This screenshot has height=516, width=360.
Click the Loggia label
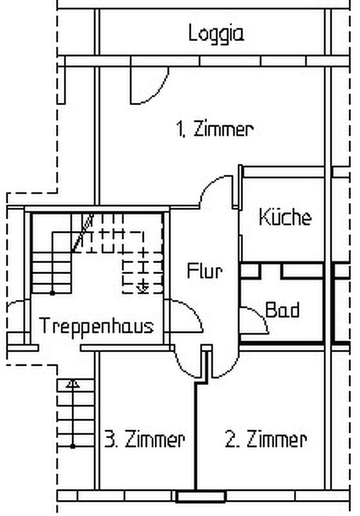[216, 34]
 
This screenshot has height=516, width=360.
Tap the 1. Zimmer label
[215, 129]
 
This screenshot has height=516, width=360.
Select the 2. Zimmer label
[266, 439]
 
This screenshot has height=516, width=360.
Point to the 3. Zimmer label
[145, 439]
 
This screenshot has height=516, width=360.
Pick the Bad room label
[283, 310]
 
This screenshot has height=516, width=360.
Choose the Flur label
[205, 271]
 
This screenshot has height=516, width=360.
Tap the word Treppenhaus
[96, 326]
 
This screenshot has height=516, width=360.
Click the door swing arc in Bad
[260, 314]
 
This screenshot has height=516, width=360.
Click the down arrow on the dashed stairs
[143, 288]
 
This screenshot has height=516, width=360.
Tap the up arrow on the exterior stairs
[73, 384]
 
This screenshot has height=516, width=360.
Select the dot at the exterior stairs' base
[73, 446]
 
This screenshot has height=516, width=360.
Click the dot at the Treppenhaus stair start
[52, 293]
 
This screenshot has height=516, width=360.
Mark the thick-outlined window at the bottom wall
[201, 497]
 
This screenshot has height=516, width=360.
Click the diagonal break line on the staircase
[83, 233]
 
